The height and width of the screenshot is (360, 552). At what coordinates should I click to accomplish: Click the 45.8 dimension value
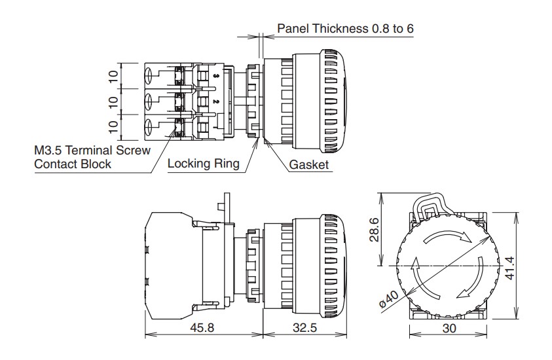tap(202, 328)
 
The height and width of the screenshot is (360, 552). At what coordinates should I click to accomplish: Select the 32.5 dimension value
tap(305, 328)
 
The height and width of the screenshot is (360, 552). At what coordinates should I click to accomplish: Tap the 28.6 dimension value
tap(374, 230)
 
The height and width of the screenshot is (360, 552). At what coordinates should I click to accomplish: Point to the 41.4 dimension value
tap(509, 268)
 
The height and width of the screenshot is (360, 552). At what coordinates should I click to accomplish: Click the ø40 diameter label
tap(389, 299)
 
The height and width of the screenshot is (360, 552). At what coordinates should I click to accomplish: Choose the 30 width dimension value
tap(449, 328)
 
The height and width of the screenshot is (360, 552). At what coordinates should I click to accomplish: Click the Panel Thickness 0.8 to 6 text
tap(345, 29)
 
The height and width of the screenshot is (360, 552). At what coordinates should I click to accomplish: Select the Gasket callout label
tap(308, 164)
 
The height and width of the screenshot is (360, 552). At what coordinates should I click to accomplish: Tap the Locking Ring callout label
tap(204, 163)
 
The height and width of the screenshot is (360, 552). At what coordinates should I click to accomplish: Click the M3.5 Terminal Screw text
tap(92, 151)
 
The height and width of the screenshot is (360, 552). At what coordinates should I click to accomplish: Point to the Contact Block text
tap(73, 164)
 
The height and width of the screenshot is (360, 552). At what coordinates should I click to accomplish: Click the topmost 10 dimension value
tap(113, 76)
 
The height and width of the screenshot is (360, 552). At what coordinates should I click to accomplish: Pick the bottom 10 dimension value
tap(113, 127)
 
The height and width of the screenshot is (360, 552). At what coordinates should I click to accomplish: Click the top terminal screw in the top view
tap(149, 76)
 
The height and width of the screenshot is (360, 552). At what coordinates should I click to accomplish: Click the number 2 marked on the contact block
tap(216, 101)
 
